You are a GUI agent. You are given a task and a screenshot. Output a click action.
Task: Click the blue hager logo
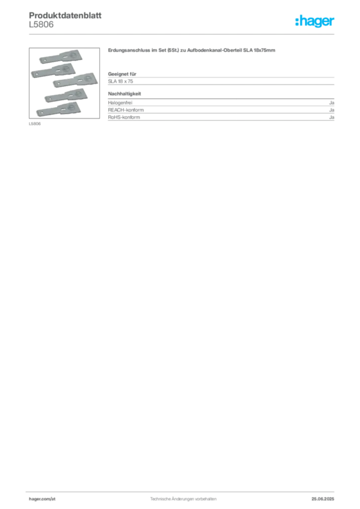pos(315,21)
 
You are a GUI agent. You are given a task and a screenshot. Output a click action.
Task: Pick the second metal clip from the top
pos(52,71)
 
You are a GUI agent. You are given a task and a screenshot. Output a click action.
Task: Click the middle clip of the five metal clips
pos(74,81)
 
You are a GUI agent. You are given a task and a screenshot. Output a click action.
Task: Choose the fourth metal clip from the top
pos(67,96)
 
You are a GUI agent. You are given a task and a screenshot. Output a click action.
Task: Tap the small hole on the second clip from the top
pos(36,75)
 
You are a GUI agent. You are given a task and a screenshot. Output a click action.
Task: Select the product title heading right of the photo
pos(192,52)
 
